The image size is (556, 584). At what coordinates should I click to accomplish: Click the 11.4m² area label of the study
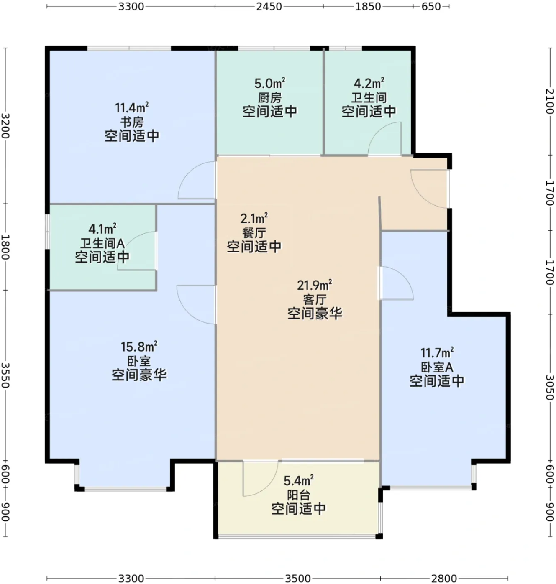pos(132,107)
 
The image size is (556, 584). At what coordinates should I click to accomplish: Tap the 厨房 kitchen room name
pos(270,98)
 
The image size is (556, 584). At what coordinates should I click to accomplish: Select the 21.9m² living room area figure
pos(315,285)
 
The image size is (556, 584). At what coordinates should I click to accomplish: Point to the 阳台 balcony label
pos(299,495)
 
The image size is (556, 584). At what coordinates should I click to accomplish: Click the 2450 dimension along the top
pos(269,7)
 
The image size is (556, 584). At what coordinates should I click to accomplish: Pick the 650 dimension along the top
pos(431,7)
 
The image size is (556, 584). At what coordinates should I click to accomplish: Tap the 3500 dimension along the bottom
pos(298,579)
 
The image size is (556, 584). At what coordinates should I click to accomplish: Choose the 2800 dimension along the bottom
pos(444,579)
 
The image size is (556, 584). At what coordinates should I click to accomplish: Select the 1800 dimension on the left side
pos(5,247)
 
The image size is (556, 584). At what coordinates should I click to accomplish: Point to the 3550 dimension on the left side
pos(5,375)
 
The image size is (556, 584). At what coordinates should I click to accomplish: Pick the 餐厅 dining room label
pos(254,232)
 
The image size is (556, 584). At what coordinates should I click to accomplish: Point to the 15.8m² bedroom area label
pos(139,347)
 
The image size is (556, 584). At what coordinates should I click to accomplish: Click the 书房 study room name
pos(132,122)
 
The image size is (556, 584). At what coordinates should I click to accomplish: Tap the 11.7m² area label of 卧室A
pos(437,353)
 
